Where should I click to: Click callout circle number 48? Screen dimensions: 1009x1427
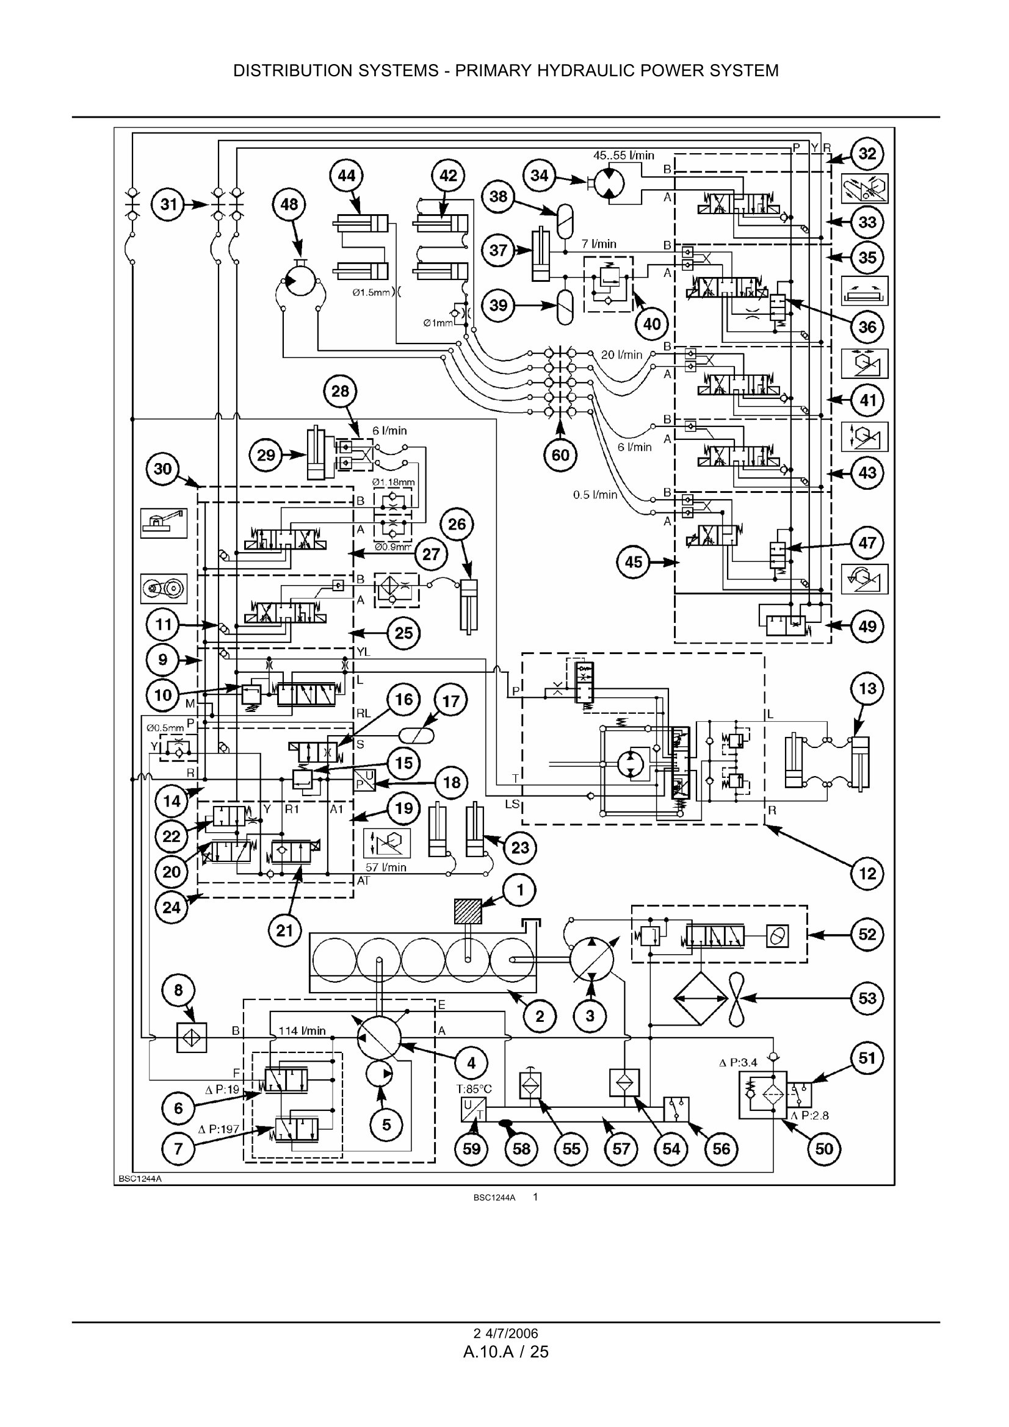click(289, 204)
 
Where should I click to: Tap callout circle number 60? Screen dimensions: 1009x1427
click(560, 455)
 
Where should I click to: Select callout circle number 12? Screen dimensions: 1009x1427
click(867, 874)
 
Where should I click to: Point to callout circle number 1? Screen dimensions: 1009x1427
click(520, 890)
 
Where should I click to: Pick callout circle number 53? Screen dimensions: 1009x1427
click(867, 998)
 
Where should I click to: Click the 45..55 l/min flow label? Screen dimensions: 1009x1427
click(624, 156)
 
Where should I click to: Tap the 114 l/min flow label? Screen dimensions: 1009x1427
click(302, 1031)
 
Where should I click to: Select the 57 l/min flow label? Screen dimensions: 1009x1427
click(385, 867)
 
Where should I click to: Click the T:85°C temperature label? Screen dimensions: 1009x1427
click(474, 1089)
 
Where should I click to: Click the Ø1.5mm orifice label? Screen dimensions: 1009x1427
click(371, 292)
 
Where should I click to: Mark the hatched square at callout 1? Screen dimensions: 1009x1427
click(468, 911)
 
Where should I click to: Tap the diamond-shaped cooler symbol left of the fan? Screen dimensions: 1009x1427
click(701, 999)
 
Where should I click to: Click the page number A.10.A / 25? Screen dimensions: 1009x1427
click(505, 1352)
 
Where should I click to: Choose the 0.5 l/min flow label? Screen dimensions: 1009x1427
click(595, 495)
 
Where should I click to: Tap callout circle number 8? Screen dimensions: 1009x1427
click(178, 990)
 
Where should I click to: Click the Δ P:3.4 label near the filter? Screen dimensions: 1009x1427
click(738, 1062)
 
